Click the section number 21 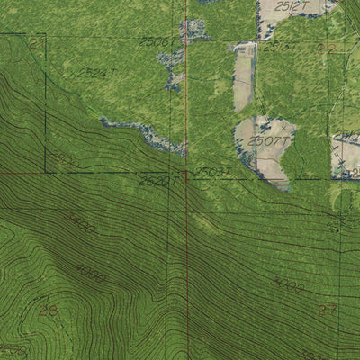point(34,41)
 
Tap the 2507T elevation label point(270,140)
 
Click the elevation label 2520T point(154,180)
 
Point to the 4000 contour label point(90,272)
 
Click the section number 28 point(48,310)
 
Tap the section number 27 point(327,310)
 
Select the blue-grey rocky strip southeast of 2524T point(144,135)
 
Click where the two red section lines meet point(186,173)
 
